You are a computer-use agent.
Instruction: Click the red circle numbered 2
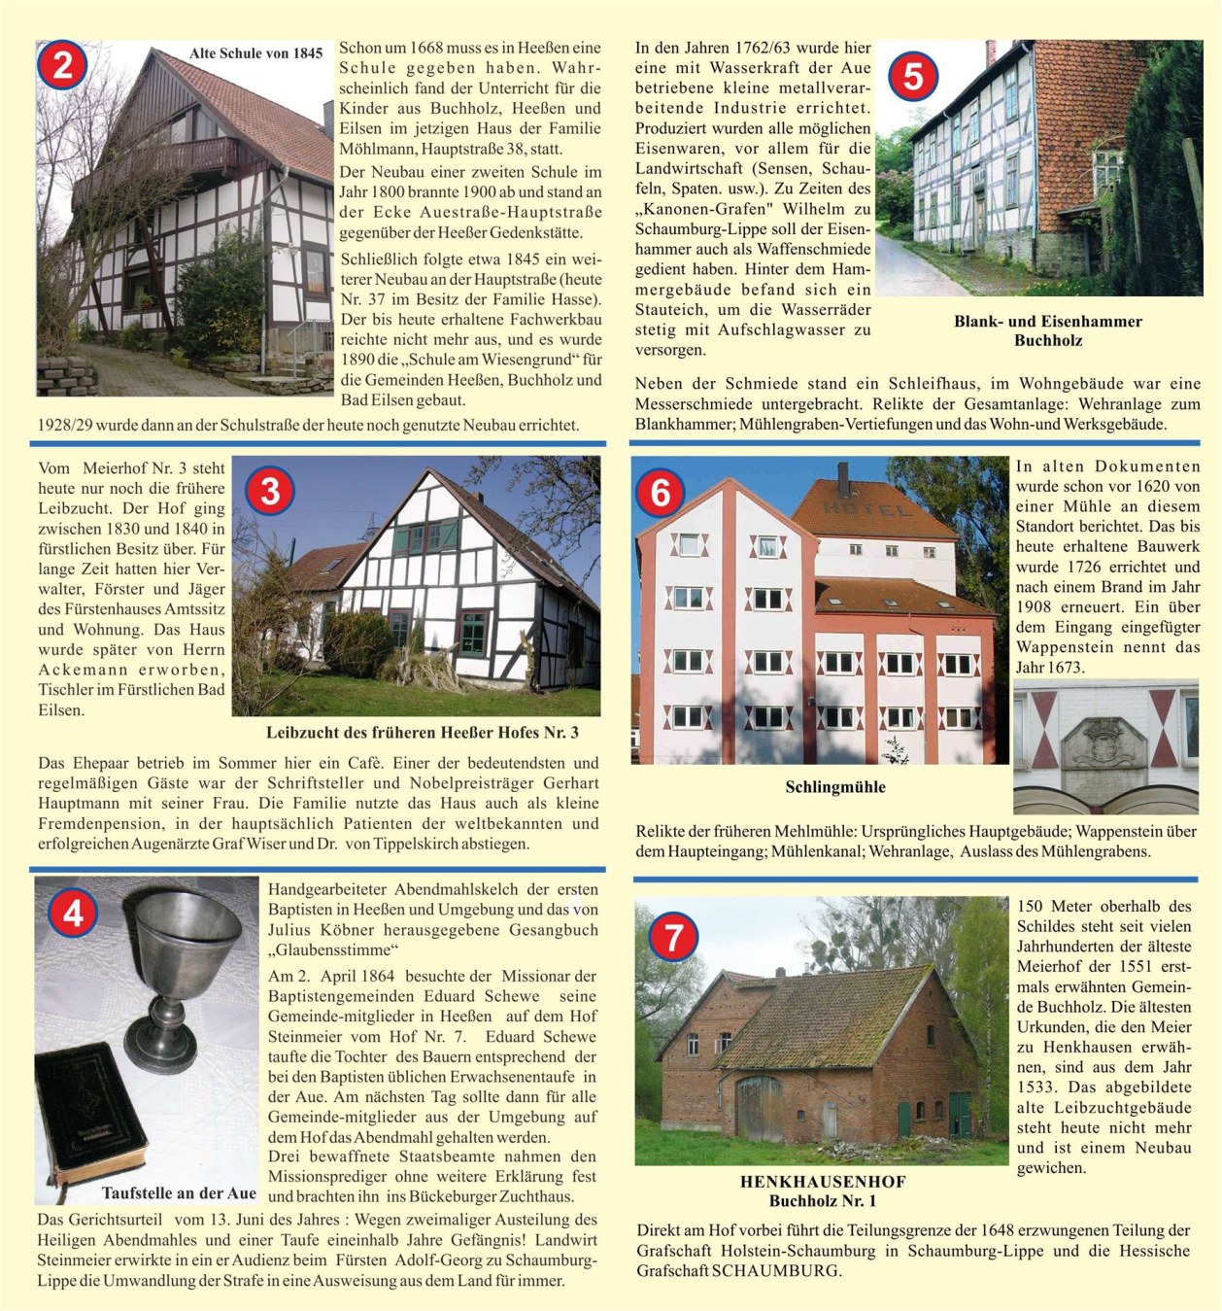(63, 65)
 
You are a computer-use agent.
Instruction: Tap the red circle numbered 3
(270, 490)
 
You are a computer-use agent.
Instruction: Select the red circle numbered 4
(73, 914)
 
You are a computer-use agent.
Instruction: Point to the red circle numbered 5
(913, 76)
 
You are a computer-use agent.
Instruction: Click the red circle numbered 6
(661, 492)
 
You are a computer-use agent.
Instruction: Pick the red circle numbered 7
(673, 937)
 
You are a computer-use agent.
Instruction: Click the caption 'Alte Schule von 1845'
(255, 53)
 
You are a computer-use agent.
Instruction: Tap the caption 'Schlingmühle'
(835, 787)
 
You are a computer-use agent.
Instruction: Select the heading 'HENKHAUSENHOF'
(823, 1182)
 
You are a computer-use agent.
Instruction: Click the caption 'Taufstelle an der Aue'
(179, 1193)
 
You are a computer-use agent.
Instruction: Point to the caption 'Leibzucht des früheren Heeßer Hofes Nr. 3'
(423, 733)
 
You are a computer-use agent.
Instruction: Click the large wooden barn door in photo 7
(759, 1108)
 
